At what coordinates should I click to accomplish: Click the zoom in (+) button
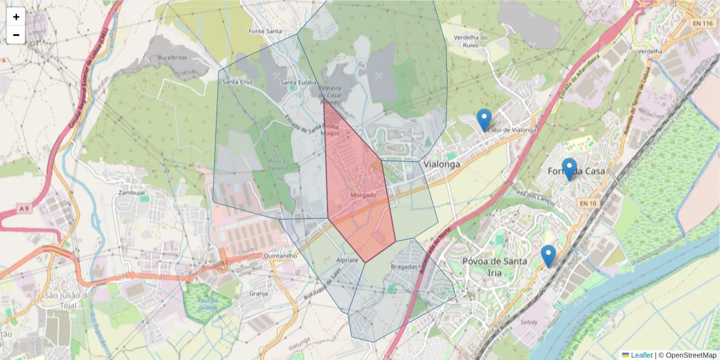pos(16,17)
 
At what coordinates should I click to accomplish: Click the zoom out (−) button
pos(16,35)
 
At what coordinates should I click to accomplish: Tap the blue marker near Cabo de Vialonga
pos(484,120)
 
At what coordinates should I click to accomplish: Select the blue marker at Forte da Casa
pos(569,169)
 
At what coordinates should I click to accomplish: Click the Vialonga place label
pos(441,164)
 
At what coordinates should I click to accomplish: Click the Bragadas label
pos(403,266)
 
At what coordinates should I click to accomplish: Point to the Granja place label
pos(258,293)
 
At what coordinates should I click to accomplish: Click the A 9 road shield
pos(23,208)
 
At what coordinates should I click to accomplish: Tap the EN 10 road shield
pos(587,204)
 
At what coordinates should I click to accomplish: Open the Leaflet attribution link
pos(641,355)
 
